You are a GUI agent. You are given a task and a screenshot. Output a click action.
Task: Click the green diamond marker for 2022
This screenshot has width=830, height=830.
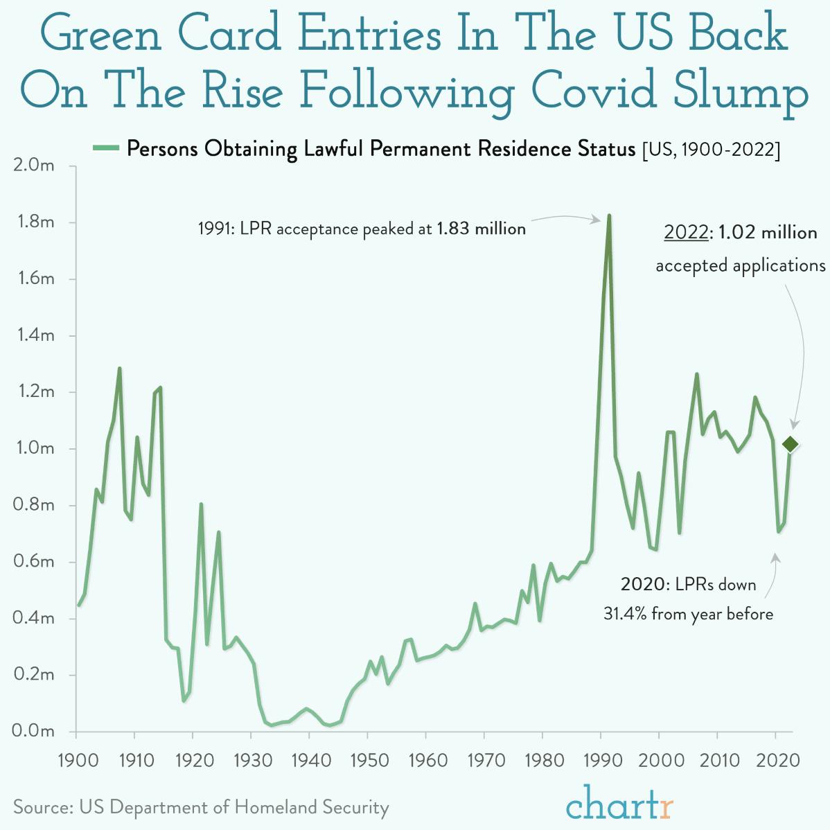tap(791, 444)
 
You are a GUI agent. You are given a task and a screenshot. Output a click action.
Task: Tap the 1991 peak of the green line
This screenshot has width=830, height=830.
tap(609, 215)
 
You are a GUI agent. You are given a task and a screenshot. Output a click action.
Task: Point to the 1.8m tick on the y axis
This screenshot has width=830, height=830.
tap(34, 222)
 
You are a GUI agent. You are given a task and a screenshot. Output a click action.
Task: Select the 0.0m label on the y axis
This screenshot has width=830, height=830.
tap(34, 731)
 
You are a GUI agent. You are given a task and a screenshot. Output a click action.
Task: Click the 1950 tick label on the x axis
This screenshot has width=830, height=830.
tap(369, 760)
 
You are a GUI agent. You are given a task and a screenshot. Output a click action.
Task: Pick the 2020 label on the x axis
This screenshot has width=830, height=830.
tap(776, 760)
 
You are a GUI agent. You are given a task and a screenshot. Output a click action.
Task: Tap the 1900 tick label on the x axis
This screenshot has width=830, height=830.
tap(78, 760)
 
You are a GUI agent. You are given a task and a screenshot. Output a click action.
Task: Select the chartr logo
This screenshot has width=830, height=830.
tap(619, 804)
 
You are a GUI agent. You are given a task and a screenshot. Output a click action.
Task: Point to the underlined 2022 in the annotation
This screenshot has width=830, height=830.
tap(686, 232)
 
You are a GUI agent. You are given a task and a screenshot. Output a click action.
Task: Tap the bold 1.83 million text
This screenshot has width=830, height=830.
tap(481, 229)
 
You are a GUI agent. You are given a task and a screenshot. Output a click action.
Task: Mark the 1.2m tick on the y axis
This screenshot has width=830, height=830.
tap(34, 392)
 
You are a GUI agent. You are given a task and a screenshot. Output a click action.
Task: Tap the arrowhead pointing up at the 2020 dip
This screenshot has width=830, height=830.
tap(776, 557)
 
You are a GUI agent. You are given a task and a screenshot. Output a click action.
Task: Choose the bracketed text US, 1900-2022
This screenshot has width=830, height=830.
tap(711, 149)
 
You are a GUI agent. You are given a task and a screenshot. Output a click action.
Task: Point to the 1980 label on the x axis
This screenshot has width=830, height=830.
tap(545, 760)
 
